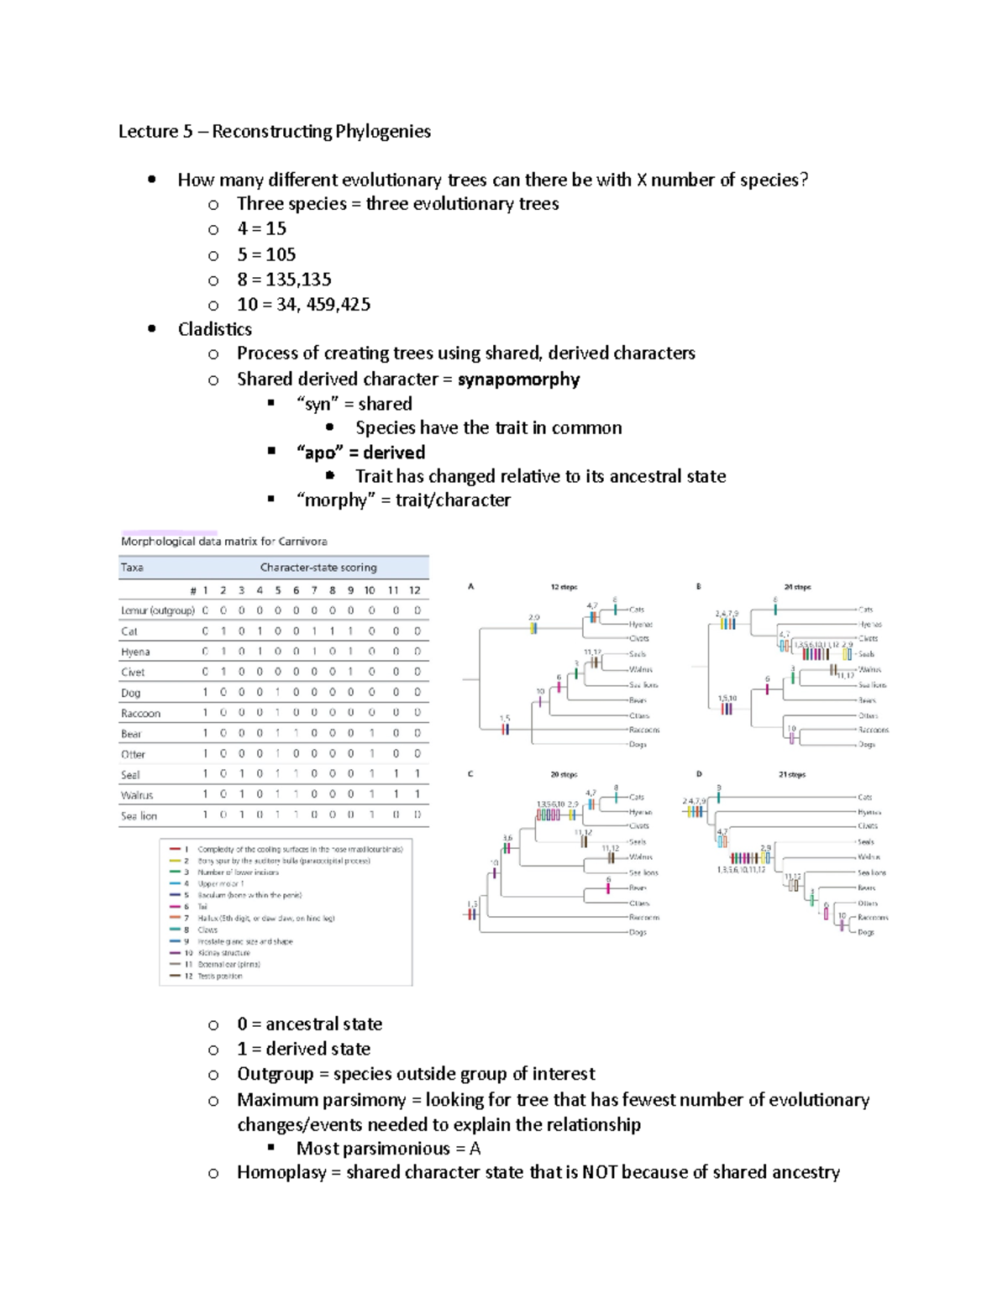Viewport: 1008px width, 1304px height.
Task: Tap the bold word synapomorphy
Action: [518, 379]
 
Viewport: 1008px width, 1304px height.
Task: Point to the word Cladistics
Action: [214, 329]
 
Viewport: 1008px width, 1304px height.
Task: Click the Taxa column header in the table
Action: [132, 568]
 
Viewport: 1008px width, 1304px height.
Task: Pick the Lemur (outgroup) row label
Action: [157, 610]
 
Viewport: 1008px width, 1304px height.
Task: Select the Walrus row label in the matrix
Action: [137, 794]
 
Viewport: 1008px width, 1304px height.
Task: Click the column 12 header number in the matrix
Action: [414, 590]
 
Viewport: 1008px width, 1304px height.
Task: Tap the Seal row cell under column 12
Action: [417, 774]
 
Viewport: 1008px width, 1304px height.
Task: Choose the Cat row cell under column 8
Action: [332, 631]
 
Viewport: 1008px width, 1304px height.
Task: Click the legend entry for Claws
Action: [207, 930]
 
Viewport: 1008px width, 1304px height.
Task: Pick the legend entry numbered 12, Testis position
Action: [219, 976]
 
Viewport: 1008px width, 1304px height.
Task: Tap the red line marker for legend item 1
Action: [175, 849]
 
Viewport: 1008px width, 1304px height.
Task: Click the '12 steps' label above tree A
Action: [564, 587]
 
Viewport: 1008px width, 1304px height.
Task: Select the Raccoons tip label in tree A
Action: [644, 730]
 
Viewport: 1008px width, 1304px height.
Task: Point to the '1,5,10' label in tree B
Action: [727, 698]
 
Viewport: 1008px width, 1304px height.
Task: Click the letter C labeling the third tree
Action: [470, 774]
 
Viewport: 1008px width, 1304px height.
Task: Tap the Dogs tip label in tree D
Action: [865, 932]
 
